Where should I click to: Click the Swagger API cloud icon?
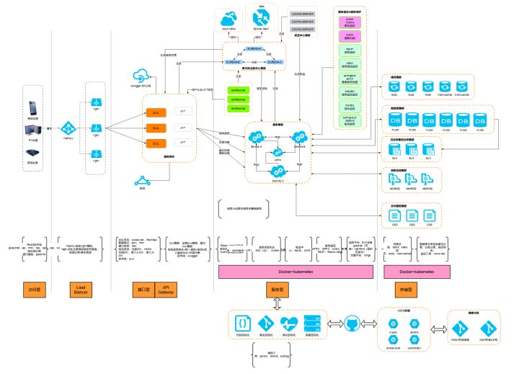(140, 77)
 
